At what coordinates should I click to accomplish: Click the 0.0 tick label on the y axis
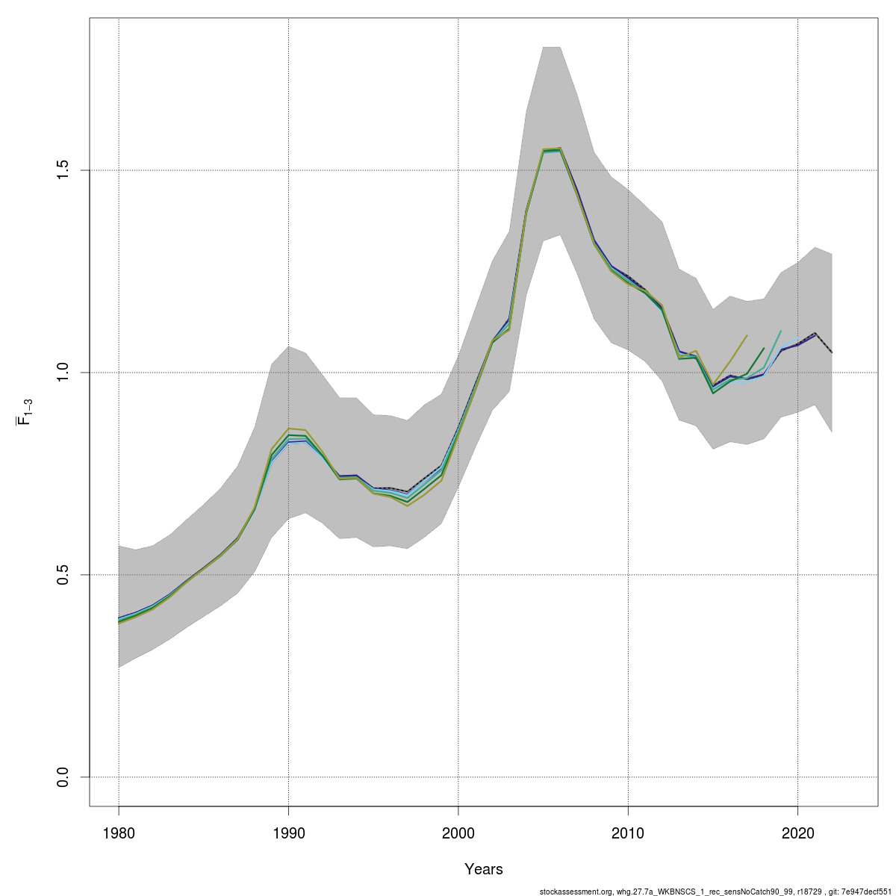63,777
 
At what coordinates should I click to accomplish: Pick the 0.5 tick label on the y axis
63,575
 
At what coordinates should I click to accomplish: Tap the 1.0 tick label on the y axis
63,373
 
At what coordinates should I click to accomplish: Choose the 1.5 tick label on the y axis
63,170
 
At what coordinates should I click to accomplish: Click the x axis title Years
484,869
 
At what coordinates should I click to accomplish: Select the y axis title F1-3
25,412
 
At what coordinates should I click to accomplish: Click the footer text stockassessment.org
576,891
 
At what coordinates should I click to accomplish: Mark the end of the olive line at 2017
747,335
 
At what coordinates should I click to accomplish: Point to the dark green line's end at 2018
764,348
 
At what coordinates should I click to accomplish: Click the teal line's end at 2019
781,331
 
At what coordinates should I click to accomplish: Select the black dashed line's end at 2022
832,352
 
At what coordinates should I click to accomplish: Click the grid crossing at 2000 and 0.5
458,575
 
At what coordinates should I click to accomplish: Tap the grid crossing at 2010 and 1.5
628,170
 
